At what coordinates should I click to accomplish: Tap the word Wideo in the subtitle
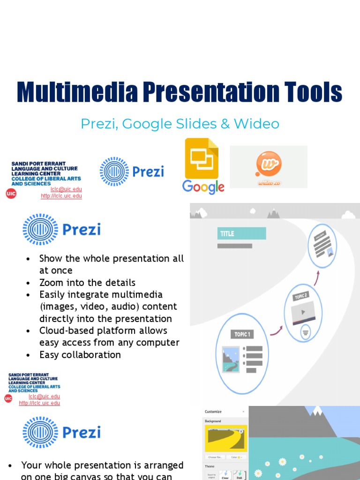point(256,124)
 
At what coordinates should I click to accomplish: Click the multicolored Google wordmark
point(203,187)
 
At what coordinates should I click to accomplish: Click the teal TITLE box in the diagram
point(241,233)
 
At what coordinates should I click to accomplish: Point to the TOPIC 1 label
point(242,334)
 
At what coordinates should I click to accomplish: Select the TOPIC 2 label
point(301,296)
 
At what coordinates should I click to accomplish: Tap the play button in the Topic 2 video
point(303,313)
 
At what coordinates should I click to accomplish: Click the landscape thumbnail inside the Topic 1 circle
point(231,359)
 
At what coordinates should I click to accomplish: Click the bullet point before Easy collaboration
point(29,355)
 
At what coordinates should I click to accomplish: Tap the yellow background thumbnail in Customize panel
point(226,439)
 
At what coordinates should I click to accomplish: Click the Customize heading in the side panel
point(213,412)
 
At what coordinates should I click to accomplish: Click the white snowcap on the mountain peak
point(314,411)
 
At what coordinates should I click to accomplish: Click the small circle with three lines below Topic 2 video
point(305,332)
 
